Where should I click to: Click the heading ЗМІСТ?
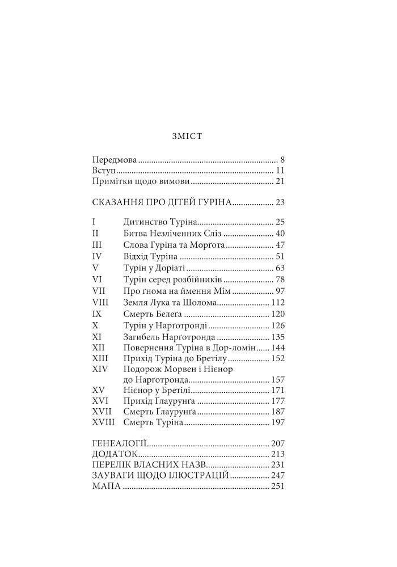187,137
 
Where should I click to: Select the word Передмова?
114,160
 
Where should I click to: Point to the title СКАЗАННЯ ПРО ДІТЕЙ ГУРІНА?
162,202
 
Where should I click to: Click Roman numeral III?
96,244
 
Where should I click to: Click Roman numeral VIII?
100,302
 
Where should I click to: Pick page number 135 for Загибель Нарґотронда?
277,336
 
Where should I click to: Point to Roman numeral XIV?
100,369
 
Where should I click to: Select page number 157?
277,379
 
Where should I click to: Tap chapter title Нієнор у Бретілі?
157,391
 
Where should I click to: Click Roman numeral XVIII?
103,422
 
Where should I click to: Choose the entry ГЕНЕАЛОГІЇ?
120,443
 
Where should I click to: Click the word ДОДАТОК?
114,454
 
